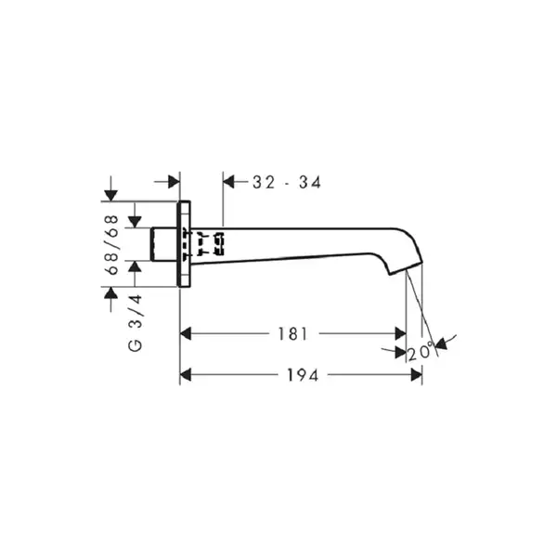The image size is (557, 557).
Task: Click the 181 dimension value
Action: [x=292, y=334]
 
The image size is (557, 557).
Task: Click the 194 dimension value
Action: [x=303, y=375]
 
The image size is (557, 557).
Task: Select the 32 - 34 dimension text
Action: [x=287, y=183]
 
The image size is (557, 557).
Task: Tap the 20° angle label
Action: [x=421, y=353]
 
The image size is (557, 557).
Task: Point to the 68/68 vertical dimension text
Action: [x=112, y=244]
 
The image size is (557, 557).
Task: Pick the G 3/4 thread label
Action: [x=136, y=323]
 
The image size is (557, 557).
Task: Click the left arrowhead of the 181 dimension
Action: [x=186, y=334]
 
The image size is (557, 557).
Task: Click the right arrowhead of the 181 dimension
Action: [x=400, y=334]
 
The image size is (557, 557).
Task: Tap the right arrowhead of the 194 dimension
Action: [x=416, y=375]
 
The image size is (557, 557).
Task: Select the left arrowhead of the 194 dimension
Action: [x=186, y=375]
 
